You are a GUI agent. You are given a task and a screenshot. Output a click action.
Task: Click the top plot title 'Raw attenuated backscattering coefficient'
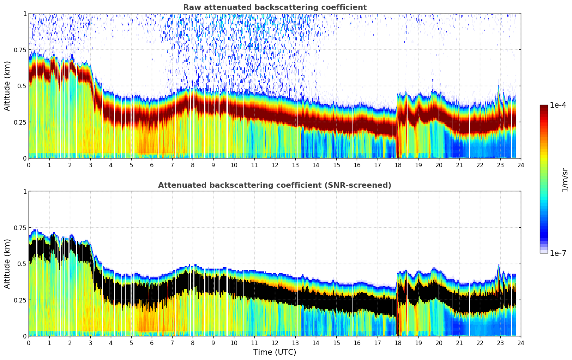click(x=275, y=7)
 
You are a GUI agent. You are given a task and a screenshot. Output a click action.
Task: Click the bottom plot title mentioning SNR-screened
click(x=275, y=185)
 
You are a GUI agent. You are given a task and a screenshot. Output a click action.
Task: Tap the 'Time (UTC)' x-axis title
click(x=275, y=352)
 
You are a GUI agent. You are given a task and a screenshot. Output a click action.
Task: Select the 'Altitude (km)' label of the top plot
click(x=7, y=86)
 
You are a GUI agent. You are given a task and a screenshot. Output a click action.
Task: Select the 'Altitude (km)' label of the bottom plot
click(x=7, y=264)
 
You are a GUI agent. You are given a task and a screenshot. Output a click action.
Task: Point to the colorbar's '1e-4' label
click(x=558, y=105)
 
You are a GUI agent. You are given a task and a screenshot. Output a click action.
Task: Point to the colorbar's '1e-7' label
click(x=558, y=253)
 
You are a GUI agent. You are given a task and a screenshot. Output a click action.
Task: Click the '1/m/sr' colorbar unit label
click(x=565, y=180)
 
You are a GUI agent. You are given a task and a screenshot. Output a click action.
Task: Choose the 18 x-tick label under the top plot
click(x=398, y=165)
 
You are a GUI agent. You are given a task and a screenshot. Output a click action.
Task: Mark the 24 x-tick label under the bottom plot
click(x=521, y=343)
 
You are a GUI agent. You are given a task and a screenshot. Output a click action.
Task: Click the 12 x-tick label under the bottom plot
click(x=275, y=343)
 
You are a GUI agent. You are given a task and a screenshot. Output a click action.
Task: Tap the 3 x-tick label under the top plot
click(x=90, y=165)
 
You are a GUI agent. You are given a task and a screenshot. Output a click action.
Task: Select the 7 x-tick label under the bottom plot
click(x=172, y=343)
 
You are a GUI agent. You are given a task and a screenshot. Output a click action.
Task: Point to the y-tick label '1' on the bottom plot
click(x=24, y=192)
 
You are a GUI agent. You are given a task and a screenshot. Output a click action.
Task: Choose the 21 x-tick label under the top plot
click(x=459, y=165)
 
